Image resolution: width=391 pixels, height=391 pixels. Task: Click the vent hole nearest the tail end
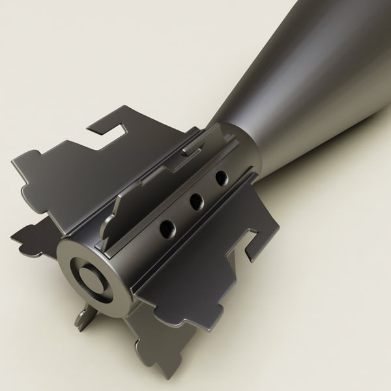click(x=168, y=228)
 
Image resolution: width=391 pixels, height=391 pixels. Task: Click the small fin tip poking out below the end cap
click(x=83, y=319)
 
